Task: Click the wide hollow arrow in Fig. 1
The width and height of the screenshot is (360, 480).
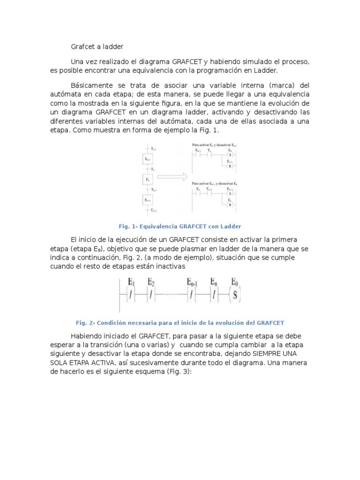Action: [x=172, y=178]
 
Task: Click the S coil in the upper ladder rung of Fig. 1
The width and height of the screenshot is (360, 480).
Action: [x=230, y=154]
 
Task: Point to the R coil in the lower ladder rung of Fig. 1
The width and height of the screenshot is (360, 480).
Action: [x=230, y=205]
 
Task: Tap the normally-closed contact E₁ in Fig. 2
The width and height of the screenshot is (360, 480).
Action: [x=131, y=295]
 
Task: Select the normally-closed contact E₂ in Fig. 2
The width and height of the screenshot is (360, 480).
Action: [x=151, y=295]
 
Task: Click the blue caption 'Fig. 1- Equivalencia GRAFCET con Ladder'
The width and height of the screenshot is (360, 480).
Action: [x=180, y=226]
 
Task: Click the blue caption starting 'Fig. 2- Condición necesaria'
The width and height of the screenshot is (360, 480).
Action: [x=180, y=323]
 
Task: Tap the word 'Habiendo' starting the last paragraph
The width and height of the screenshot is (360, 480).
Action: [x=85, y=336]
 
